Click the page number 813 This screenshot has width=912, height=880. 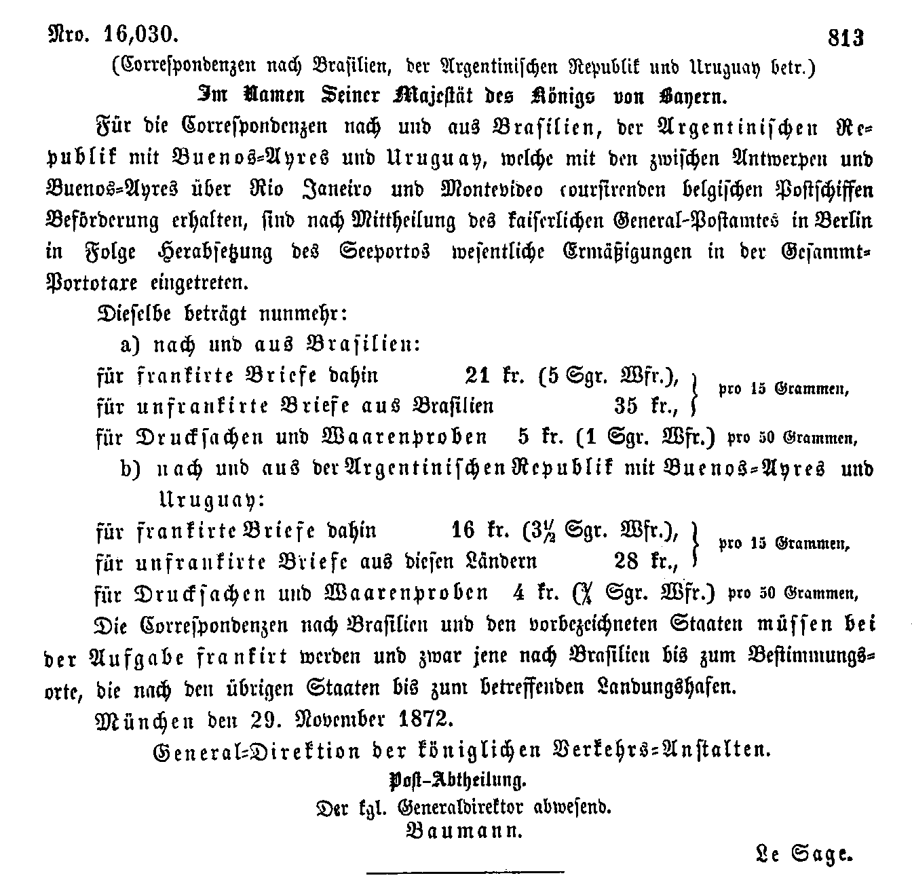coord(845,37)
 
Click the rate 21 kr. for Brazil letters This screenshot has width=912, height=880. coord(495,375)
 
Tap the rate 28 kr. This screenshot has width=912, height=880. coord(646,561)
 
